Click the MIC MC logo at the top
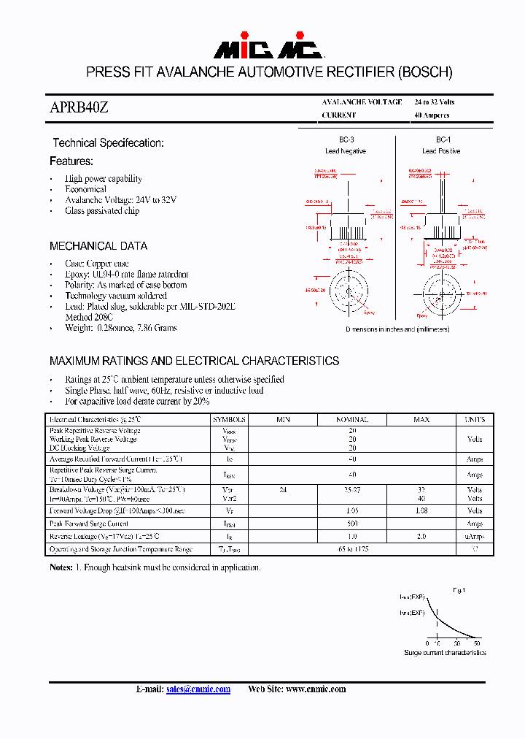click(268, 49)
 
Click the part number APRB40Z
click(79, 107)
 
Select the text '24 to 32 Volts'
click(434, 102)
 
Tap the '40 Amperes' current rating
click(432, 115)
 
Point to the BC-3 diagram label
click(346, 139)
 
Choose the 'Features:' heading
click(71, 161)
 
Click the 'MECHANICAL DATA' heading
click(98, 246)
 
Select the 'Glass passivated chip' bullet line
click(102, 211)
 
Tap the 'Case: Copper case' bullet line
click(97, 264)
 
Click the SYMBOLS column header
click(230, 420)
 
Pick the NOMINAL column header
click(351, 420)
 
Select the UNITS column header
click(475, 420)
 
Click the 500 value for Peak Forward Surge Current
click(351, 524)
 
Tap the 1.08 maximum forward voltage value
click(421, 511)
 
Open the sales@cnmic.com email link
click(198, 689)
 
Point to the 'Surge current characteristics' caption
click(445, 652)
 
